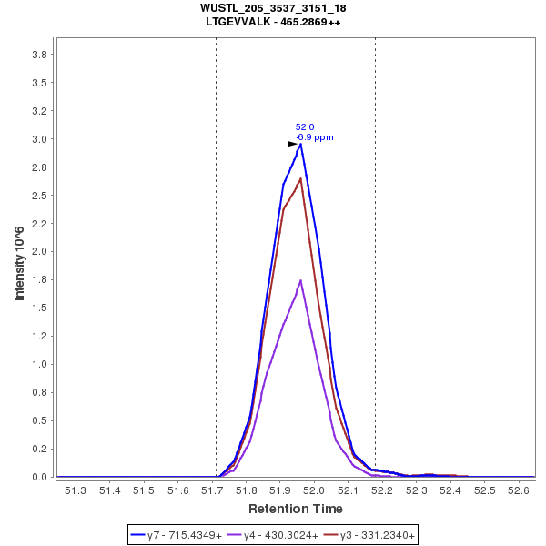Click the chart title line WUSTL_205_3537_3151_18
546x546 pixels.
[x=273, y=8]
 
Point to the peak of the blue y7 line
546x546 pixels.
[x=300, y=144]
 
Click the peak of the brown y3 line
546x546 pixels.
[x=300, y=178]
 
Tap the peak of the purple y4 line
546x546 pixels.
[x=300, y=280]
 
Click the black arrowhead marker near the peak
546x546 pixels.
[x=293, y=143]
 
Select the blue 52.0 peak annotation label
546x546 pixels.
[x=305, y=127]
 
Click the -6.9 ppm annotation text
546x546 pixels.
[x=315, y=137]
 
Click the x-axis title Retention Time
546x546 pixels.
[x=296, y=509]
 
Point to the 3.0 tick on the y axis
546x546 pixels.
[x=39, y=139]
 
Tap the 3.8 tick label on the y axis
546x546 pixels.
[x=39, y=55]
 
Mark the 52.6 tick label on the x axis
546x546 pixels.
[x=519, y=491]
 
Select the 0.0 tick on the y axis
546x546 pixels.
[x=39, y=477]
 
